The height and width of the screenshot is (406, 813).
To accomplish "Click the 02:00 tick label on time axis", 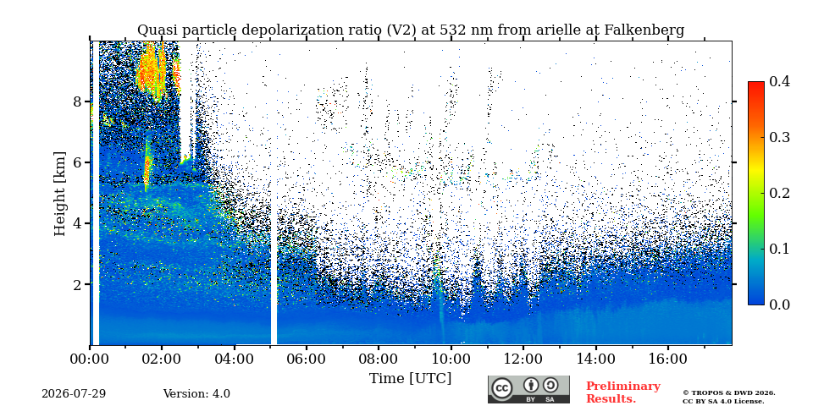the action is (162, 359).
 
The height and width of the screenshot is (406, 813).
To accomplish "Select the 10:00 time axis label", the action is (451, 359).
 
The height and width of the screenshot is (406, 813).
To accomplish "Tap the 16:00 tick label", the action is (666, 359).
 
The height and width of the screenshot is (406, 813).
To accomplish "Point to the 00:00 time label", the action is (90, 359).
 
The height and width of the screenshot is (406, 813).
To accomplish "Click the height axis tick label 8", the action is (77, 101).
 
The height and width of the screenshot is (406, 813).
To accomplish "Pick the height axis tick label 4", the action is (77, 223).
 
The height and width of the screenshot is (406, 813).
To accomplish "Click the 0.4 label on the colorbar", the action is (779, 81).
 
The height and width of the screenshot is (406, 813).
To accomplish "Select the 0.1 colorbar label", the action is (779, 249).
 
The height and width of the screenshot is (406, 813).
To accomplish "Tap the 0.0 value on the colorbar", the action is (779, 304).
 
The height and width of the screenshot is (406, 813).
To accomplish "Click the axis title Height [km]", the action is (60, 194).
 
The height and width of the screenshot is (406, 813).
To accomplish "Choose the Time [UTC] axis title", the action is (410, 379).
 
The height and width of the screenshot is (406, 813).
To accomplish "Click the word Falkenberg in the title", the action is (644, 30).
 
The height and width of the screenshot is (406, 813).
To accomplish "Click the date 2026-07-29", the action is (74, 394).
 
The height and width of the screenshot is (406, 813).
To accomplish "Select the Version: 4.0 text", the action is (196, 394).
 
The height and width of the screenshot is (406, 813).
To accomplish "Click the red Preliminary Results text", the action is (623, 392).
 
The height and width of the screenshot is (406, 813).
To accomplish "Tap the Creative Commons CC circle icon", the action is (502, 389).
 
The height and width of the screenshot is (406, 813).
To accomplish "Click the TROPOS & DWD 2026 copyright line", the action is (728, 393).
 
